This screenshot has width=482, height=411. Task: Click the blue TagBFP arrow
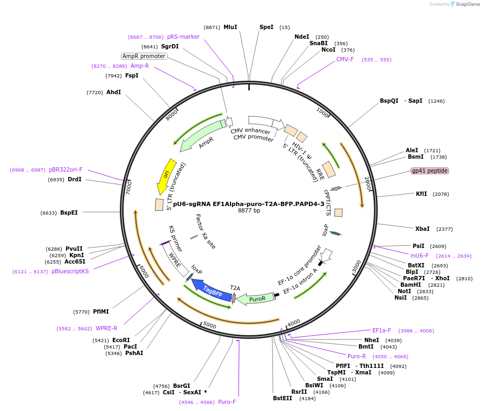pyautogui.click(x=211, y=289)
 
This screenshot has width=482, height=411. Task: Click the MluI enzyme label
pyautogui.click(x=230, y=27)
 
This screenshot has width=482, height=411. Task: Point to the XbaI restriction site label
pyautogui.click(x=422, y=229)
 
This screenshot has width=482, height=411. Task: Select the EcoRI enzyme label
pyautogui.click(x=121, y=340)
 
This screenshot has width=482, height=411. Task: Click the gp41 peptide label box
pyautogui.click(x=429, y=171)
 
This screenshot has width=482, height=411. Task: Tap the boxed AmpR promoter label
pyautogui.click(x=144, y=56)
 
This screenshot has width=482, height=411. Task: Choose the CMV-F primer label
pyautogui.click(x=345, y=59)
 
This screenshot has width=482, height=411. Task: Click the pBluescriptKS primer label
pyautogui.click(x=70, y=271)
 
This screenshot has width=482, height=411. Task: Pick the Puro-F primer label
pyautogui.click(x=227, y=402)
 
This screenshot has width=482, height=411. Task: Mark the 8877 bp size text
pyautogui.click(x=249, y=211)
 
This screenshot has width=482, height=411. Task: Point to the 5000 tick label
pyautogui.click(x=210, y=325)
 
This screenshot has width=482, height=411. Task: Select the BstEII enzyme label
pyautogui.click(x=282, y=398)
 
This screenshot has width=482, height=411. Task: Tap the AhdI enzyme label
pyautogui.click(x=113, y=92)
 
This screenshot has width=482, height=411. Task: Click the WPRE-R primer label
pyautogui.click(x=106, y=328)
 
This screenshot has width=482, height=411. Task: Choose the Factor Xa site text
pyautogui.click(x=205, y=231)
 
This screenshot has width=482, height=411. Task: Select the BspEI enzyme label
pyautogui.click(x=69, y=212)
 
